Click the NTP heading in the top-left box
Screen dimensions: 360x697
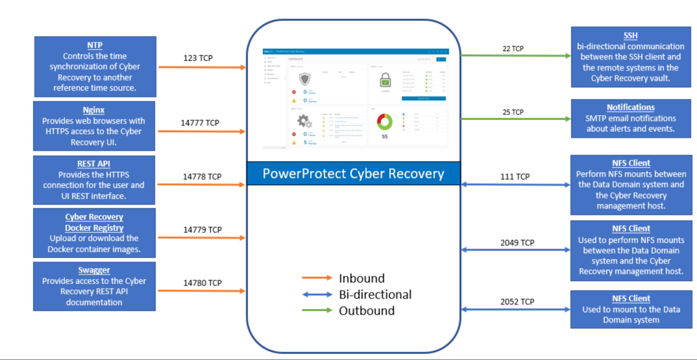[x=95, y=45]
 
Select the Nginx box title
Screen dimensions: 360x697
[x=94, y=110]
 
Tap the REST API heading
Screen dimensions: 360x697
[x=94, y=164]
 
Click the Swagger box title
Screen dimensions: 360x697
[x=94, y=270]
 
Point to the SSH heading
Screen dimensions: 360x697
[x=631, y=35]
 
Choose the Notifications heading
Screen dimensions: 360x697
[x=631, y=107]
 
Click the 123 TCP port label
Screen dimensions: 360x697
[x=198, y=57]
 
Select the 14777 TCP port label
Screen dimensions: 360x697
[x=200, y=123]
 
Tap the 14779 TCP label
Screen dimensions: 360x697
[x=203, y=230]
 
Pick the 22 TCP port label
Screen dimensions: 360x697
[x=513, y=48]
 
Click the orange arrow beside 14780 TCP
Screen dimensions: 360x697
[x=201, y=291]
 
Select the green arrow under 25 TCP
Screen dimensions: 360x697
[x=515, y=119]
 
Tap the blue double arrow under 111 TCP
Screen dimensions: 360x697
[x=515, y=185]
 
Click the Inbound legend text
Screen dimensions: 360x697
[x=362, y=278]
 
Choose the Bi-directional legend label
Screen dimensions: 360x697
[x=375, y=295]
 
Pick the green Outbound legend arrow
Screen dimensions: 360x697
[x=317, y=310]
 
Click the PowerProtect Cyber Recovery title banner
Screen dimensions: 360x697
[x=353, y=174]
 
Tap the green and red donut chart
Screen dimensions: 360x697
[x=384, y=121]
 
